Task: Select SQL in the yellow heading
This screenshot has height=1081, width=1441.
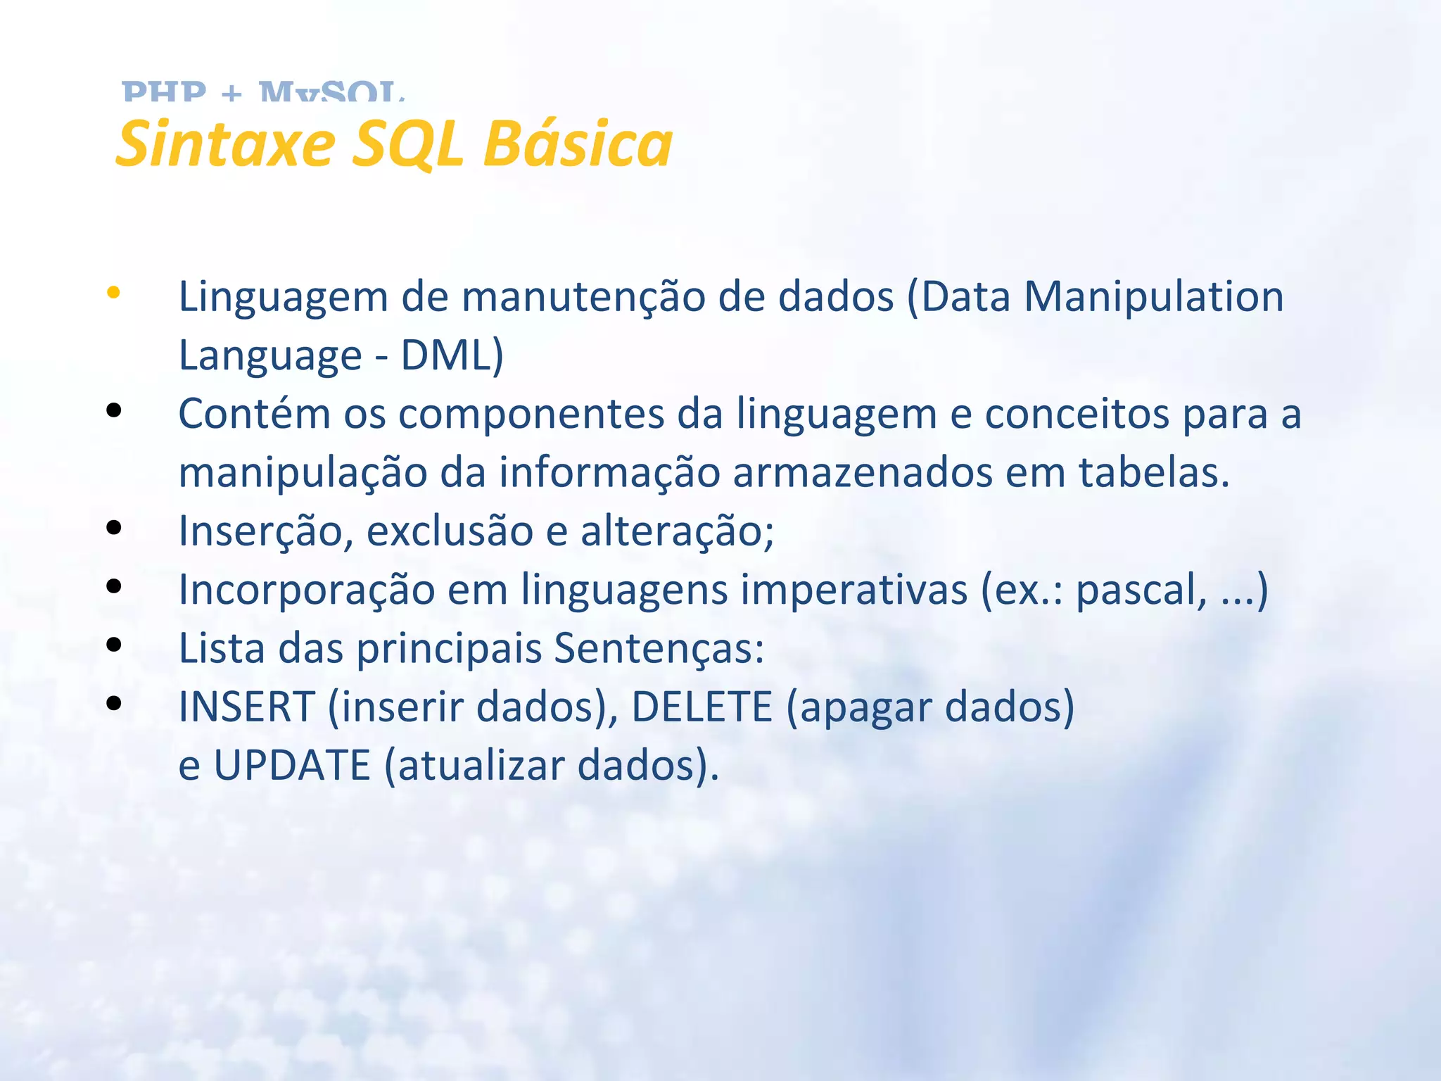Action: [x=407, y=144]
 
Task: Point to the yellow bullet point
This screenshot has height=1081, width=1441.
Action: [x=113, y=293]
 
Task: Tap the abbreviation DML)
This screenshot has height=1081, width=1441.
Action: [x=452, y=355]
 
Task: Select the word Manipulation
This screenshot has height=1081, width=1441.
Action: [x=1153, y=296]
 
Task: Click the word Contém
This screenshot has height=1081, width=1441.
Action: [x=254, y=414]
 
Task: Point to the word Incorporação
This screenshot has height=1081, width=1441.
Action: [x=307, y=590]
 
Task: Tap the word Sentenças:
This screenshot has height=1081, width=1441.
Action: [x=659, y=648]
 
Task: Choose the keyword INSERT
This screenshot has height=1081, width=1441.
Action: [x=247, y=707]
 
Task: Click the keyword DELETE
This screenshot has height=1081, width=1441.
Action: [x=702, y=707]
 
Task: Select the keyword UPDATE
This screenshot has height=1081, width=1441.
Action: [x=292, y=765]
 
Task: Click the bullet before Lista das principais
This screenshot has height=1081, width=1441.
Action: [x=113, y=645]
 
